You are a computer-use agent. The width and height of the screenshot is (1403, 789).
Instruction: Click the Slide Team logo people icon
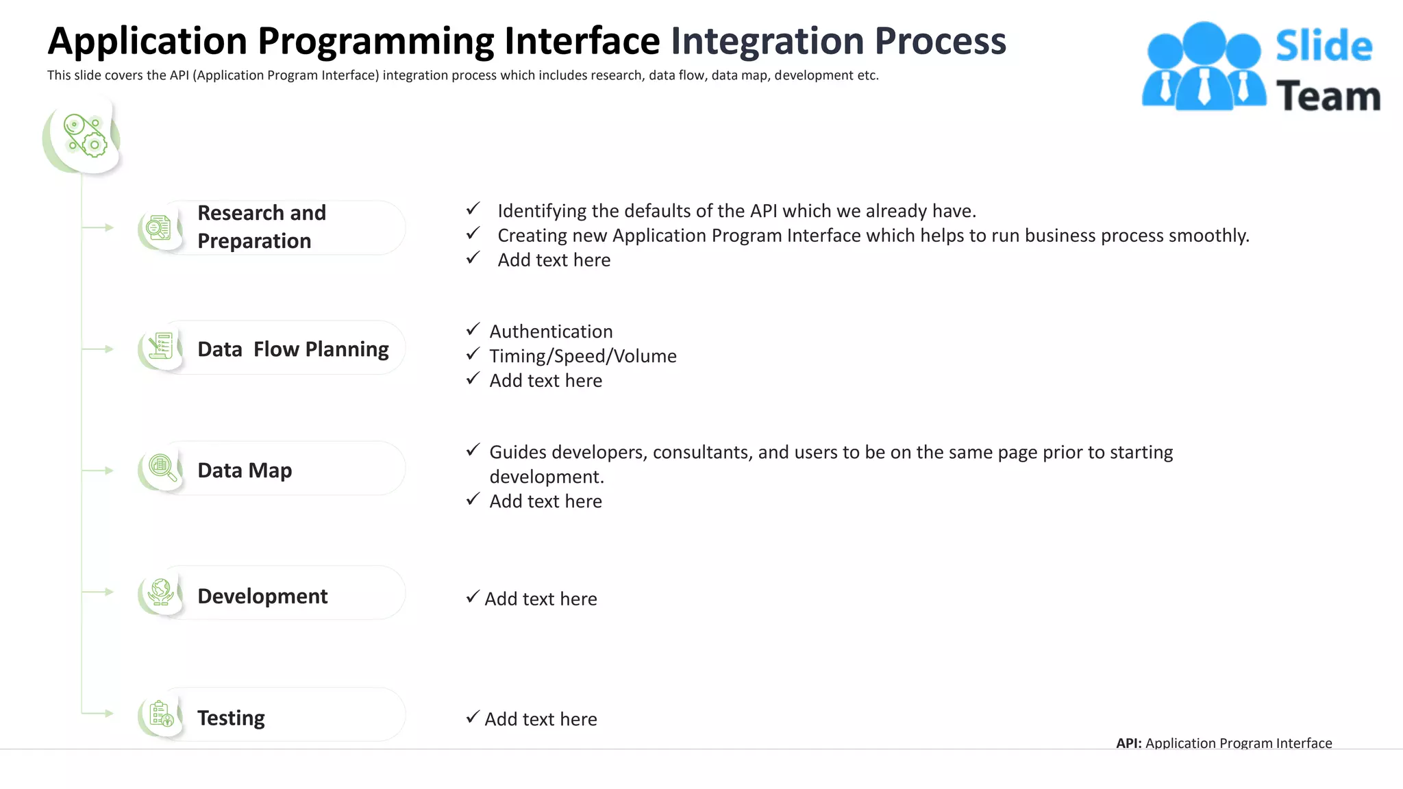[x=1204, y=67]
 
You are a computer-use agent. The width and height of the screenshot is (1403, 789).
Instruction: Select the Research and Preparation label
[x=261, y=227]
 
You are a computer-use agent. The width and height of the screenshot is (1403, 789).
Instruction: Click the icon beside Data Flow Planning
[x=161, y=347]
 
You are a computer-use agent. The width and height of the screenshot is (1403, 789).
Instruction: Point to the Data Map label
[x=245, y=471]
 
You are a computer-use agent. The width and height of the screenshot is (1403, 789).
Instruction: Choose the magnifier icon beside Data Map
[x=162, y=468]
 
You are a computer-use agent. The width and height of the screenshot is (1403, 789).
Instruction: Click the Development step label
[x=262, y=596]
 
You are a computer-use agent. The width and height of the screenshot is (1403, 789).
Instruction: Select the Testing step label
[x=231, y=718]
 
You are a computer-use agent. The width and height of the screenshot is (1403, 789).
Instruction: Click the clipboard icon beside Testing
[x=162, y=714]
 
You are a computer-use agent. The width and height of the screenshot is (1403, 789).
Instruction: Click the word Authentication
[x=551, y=331]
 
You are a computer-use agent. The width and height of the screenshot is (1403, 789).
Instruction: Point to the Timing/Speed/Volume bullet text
[x=582, y=356]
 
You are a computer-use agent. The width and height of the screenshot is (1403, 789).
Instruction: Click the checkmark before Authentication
[x=473, y=329]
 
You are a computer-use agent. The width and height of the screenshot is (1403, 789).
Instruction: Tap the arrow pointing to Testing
[x=106, y=713]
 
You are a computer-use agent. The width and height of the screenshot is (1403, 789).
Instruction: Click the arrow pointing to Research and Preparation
[x=106, y=227]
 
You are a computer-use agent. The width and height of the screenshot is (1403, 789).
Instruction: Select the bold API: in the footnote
[x=1128, y=743]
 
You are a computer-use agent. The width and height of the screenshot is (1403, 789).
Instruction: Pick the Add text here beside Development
[x=541, y=599]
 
